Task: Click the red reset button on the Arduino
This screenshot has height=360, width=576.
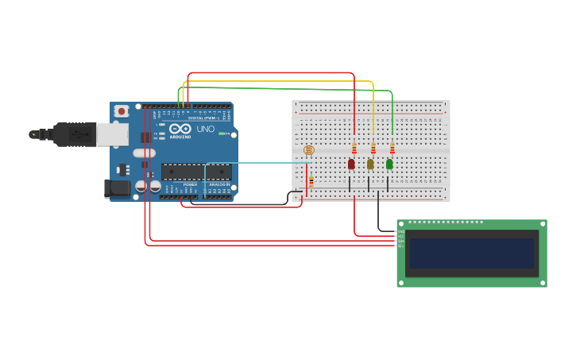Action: click(x=121, y=111)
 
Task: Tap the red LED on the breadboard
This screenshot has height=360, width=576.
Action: click(x=351, y=164)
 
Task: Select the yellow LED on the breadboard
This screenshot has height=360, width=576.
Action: click(x=370, y=164)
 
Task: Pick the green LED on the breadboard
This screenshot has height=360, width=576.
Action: click(x=389, y=164)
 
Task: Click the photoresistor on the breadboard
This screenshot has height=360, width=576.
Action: click(x=309, y=149)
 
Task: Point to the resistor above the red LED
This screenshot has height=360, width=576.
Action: click(x=354, y=149)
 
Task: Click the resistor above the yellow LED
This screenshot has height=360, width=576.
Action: click(x=373, y=149)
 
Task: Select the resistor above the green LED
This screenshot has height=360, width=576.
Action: click(x=392, y=149)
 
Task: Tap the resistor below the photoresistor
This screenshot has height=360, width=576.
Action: click(x=311, y=181)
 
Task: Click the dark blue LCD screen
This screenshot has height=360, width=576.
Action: click(x=472, y=254)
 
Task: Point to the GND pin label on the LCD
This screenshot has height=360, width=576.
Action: click(x=401, y=231)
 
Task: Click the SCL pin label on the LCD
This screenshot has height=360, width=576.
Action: click(x=401, y=246)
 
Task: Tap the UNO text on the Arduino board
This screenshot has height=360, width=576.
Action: click(x=205, y=129)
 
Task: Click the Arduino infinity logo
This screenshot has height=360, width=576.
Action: click(x=180, y=129)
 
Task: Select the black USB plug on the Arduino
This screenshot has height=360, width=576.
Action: click(x=75, y=134)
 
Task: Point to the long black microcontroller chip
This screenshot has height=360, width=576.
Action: click(x=196, y=171)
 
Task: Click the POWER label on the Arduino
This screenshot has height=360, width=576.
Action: click(x=190, y=184)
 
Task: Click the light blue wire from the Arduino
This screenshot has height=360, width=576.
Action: click(x=254, y=163)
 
